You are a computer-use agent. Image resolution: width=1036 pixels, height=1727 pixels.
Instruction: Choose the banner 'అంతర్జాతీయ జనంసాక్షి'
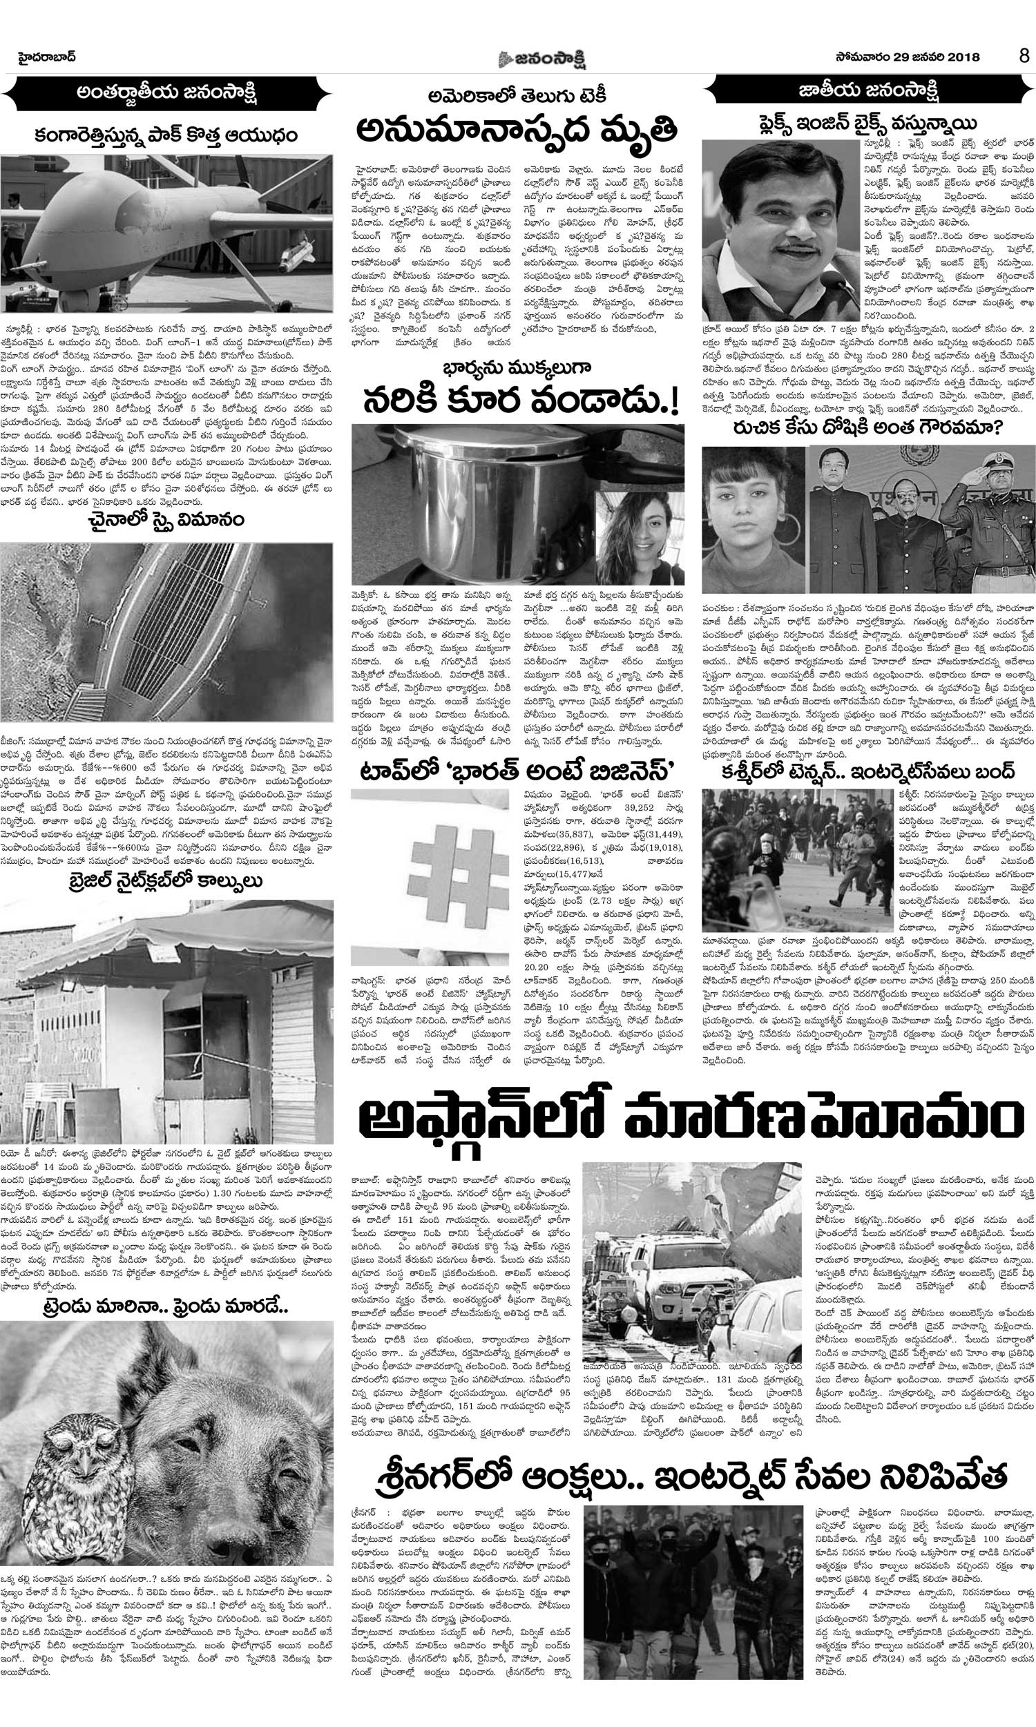[168, 93]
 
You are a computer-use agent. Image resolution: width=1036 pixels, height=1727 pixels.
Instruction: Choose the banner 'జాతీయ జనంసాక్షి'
[868, 91]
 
